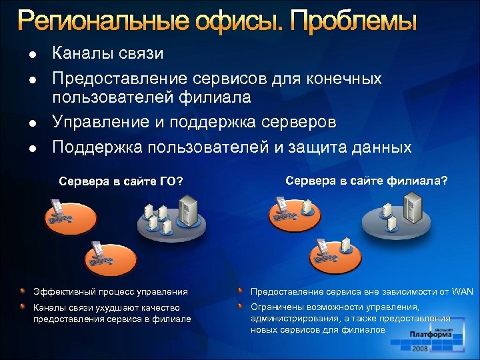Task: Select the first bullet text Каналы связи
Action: point(107,53)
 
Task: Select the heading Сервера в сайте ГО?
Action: point(121,181)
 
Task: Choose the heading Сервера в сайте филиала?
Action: point(367,180)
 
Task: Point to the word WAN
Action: point(462,291)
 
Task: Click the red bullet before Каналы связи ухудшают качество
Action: point(23,307)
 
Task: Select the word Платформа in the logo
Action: point(431,335)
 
